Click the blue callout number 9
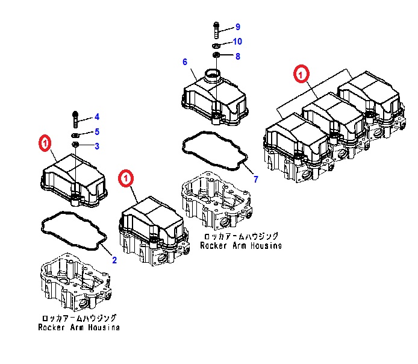pos(237,27)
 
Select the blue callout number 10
pos(237,42)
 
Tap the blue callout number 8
pos(237,57)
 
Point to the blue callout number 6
pos(185,62)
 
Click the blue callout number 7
pos(255,180)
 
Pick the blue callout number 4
pos(96,117)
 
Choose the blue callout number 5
pos(96,132)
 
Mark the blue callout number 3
pos(96,146)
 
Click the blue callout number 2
pos(114,260)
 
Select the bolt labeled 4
pos(75,117)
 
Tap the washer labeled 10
pos(217,45)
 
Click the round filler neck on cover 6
pos(213,77)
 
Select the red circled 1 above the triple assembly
pos(301,74)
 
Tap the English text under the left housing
pos(78,327)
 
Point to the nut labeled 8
pos(217,57)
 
